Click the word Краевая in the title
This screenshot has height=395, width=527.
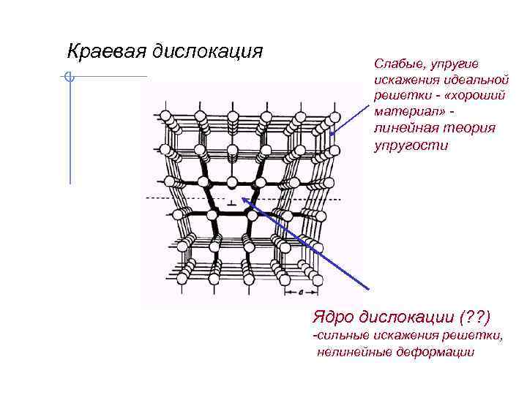pyautogui.click(x=108, y=52)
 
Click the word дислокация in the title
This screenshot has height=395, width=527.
pyautogui.click(x=208, y=52)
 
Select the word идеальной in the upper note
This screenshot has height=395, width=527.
pyautogui.click(x=477, y=80)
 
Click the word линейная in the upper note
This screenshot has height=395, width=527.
pyautogui.click(x=403, y=128)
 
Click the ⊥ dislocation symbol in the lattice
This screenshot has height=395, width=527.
pyautogui.click(x=231, y=202)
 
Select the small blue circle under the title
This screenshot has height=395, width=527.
pyautogui.click(x=69, y=76)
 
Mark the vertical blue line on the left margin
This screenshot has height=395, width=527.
pyautogui.click(x=70, y=132)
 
